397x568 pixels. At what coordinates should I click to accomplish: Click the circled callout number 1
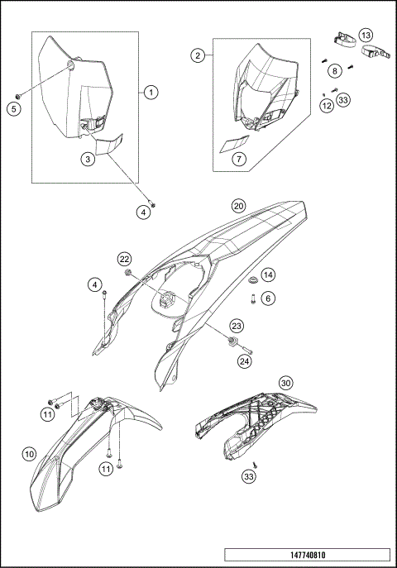point(151,93)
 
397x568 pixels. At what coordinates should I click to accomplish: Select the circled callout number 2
point(198,55)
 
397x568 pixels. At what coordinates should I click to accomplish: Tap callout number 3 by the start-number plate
point(88,159)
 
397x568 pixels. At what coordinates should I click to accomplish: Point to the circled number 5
point(14,108)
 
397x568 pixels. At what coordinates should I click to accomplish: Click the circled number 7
point(239,159)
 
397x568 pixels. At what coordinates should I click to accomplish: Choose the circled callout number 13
point(366,35)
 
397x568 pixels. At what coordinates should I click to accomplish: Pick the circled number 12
point(327,106)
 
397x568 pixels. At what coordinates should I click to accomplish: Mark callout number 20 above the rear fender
point(238,206)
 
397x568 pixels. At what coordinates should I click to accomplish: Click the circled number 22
point(124,259)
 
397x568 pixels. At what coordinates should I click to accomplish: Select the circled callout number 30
point(286,383)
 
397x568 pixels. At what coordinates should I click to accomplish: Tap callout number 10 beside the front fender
point(29,454)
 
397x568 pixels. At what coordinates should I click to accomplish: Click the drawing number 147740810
point(308,555)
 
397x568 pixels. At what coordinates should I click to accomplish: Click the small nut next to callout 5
point(17,97)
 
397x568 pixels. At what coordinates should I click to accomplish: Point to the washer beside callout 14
point(252,279)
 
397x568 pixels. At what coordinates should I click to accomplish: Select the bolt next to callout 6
point(252,299)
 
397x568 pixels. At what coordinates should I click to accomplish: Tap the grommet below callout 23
point(232,341)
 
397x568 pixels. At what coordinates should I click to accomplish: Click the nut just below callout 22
point(127,272)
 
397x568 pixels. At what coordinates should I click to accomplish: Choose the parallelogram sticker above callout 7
point(235,144)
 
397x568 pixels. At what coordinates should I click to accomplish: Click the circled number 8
point(335,70)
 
